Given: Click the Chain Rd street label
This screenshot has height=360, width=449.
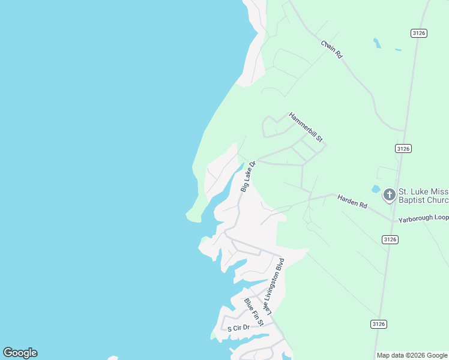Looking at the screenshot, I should click(x=331, y=49).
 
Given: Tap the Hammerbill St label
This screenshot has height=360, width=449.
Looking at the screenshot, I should click(x=306, y=127).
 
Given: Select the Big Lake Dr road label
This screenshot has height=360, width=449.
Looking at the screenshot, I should click(x=248, y=176).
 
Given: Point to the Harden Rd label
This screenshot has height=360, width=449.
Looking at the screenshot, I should click(x=352, y=201).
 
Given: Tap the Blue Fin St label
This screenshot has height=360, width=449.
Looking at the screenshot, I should click(x=254, y=313).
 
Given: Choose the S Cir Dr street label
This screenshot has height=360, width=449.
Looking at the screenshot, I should click(x=238, y=328).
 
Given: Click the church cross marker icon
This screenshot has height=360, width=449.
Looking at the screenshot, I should click(x=389, y=194).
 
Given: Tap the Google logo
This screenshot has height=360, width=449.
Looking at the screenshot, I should click(x=20, y=353).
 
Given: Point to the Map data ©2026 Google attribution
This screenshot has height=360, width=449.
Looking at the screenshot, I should click(x=412, y=355).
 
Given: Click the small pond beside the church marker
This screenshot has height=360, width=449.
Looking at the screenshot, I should click(x=375, y=189).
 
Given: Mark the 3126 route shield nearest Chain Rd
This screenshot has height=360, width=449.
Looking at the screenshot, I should click(x=420, y=33).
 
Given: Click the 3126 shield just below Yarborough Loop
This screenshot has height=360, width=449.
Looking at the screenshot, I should click(x=390, y=239).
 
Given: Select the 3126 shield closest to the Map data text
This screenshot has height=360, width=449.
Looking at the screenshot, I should click(x=378, y=324).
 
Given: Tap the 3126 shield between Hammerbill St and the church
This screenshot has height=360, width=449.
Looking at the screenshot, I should click(x=403, y=148).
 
